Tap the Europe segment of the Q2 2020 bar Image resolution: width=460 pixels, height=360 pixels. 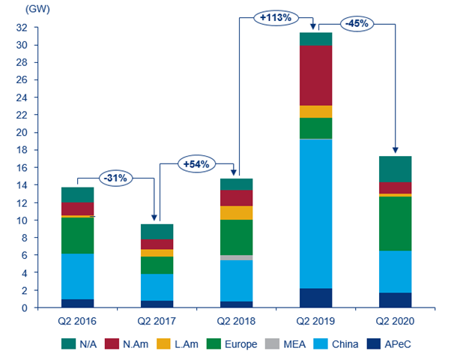395,223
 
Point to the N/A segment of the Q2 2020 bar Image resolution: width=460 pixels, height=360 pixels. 395,169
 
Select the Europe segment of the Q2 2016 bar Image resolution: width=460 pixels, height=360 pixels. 78,235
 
